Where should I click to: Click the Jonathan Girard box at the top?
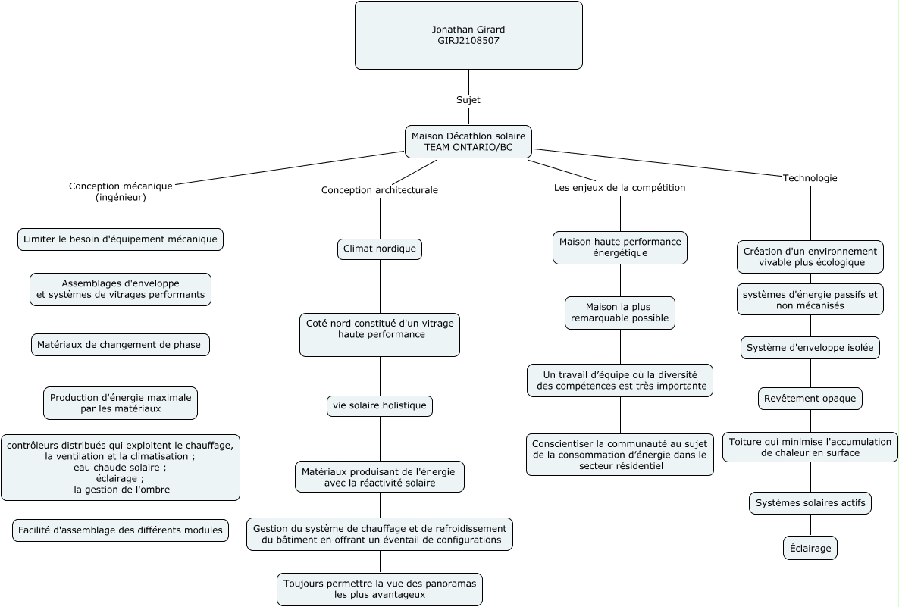468,36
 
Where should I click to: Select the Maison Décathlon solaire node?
468,142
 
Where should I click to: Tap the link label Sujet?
468,100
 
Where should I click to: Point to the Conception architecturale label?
380,190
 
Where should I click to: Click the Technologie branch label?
810,178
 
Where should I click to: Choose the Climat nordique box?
380,249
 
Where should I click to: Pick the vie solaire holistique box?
380,406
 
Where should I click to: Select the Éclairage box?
810,548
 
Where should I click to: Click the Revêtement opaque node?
810,399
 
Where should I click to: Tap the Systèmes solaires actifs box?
810,502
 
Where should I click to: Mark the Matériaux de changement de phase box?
121,345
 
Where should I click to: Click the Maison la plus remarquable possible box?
620,312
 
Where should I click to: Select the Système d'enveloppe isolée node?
810,347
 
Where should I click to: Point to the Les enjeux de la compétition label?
619,187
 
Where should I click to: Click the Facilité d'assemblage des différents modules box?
121,530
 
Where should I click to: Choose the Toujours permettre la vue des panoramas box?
380,590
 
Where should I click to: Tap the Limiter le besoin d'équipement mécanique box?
121,239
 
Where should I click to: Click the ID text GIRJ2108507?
468,41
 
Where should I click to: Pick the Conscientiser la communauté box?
620,455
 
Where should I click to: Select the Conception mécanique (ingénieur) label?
121,192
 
